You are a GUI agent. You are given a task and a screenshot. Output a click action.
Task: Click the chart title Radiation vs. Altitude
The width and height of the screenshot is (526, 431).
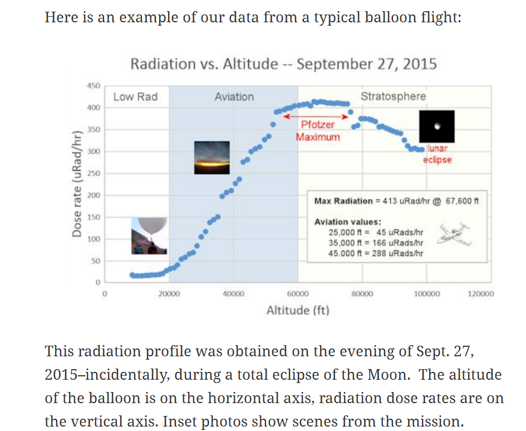(283, 64)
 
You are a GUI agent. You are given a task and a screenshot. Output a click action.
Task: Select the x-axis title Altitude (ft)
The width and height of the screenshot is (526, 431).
(297, 310)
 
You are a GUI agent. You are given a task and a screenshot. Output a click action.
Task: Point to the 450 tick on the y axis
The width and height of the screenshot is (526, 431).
(94, 86)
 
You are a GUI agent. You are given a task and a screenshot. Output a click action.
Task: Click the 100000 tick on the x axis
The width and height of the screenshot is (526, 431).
(426, 293)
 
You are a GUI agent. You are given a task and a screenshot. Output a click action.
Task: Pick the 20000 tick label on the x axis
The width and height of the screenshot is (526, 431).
(169, 293)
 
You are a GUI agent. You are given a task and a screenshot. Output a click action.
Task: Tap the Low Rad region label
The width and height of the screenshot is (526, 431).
(135, 97)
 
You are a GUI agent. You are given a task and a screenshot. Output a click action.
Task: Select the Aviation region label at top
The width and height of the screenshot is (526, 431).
(234, 97)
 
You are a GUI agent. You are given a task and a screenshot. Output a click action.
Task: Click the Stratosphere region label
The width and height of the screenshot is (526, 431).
(393, 96)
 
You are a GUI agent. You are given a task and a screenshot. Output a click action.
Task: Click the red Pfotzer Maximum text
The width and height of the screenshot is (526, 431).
(317, 131)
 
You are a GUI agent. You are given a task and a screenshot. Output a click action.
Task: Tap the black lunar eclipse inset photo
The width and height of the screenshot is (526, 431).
(437, 127)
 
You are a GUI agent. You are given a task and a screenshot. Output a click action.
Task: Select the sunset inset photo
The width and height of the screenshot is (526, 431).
(212, 158)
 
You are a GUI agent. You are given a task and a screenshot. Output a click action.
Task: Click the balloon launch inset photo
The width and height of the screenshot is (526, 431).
(149, 236)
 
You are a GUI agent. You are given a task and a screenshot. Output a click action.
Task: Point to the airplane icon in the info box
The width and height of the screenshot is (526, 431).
(454, 234)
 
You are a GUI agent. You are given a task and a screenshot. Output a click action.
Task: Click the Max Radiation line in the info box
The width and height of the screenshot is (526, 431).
(396, 201)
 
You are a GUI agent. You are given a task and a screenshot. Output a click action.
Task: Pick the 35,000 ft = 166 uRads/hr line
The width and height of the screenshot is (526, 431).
(376, 243)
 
